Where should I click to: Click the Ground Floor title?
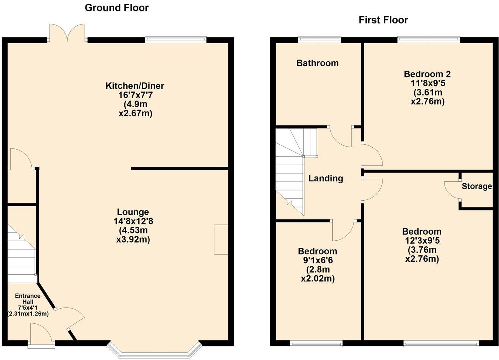click(x=116, y=8)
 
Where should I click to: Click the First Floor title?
click(x=383, y=20)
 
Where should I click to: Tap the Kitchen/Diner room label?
click(x=135, y=86)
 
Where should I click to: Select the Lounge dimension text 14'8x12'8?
click(x=133, y=221)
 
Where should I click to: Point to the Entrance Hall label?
click(x=28, y=298)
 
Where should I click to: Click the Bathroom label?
click(x=317, y=63)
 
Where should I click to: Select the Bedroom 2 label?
click(x=427, y=74)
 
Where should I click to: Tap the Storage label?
click(x=476, y=186)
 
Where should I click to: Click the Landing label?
click(x=325, y=178)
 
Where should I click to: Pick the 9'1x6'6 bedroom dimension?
click(x=318, y=261)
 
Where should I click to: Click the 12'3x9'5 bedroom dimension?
click(x=422, y=241)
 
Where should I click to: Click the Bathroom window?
click(x=319, y=39)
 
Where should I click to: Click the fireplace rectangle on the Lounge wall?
click(x=221, y=239)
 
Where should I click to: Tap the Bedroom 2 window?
click(x=428, y=39)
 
